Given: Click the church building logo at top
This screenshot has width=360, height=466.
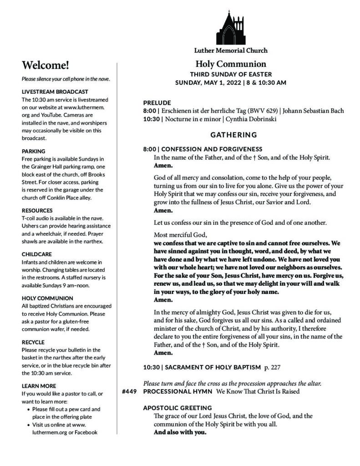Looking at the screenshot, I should tap(230, 27).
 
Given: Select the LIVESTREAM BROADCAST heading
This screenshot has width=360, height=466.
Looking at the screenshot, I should tap(55, 91).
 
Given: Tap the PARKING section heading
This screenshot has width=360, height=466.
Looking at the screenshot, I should tap(34, 151).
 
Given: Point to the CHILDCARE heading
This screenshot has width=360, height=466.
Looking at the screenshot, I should tap(37, 254).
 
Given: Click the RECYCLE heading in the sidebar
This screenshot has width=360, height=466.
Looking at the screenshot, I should tap(33, 342).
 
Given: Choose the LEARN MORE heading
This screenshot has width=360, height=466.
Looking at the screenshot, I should tap(39, 385).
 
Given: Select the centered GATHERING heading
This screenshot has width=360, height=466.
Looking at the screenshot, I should tap(233, 135).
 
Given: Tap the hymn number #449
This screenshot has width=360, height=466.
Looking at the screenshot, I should tap(130, 391).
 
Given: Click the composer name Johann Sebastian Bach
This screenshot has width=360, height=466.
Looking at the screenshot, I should tap(314, 111).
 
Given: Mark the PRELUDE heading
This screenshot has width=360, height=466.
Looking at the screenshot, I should tap(157, 103).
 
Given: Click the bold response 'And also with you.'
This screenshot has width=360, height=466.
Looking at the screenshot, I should tap(180, 432).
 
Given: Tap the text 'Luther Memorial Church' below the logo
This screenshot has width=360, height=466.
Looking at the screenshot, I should tap(230, 51).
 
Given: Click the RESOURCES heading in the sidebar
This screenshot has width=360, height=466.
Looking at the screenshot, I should tap(37, 210).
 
